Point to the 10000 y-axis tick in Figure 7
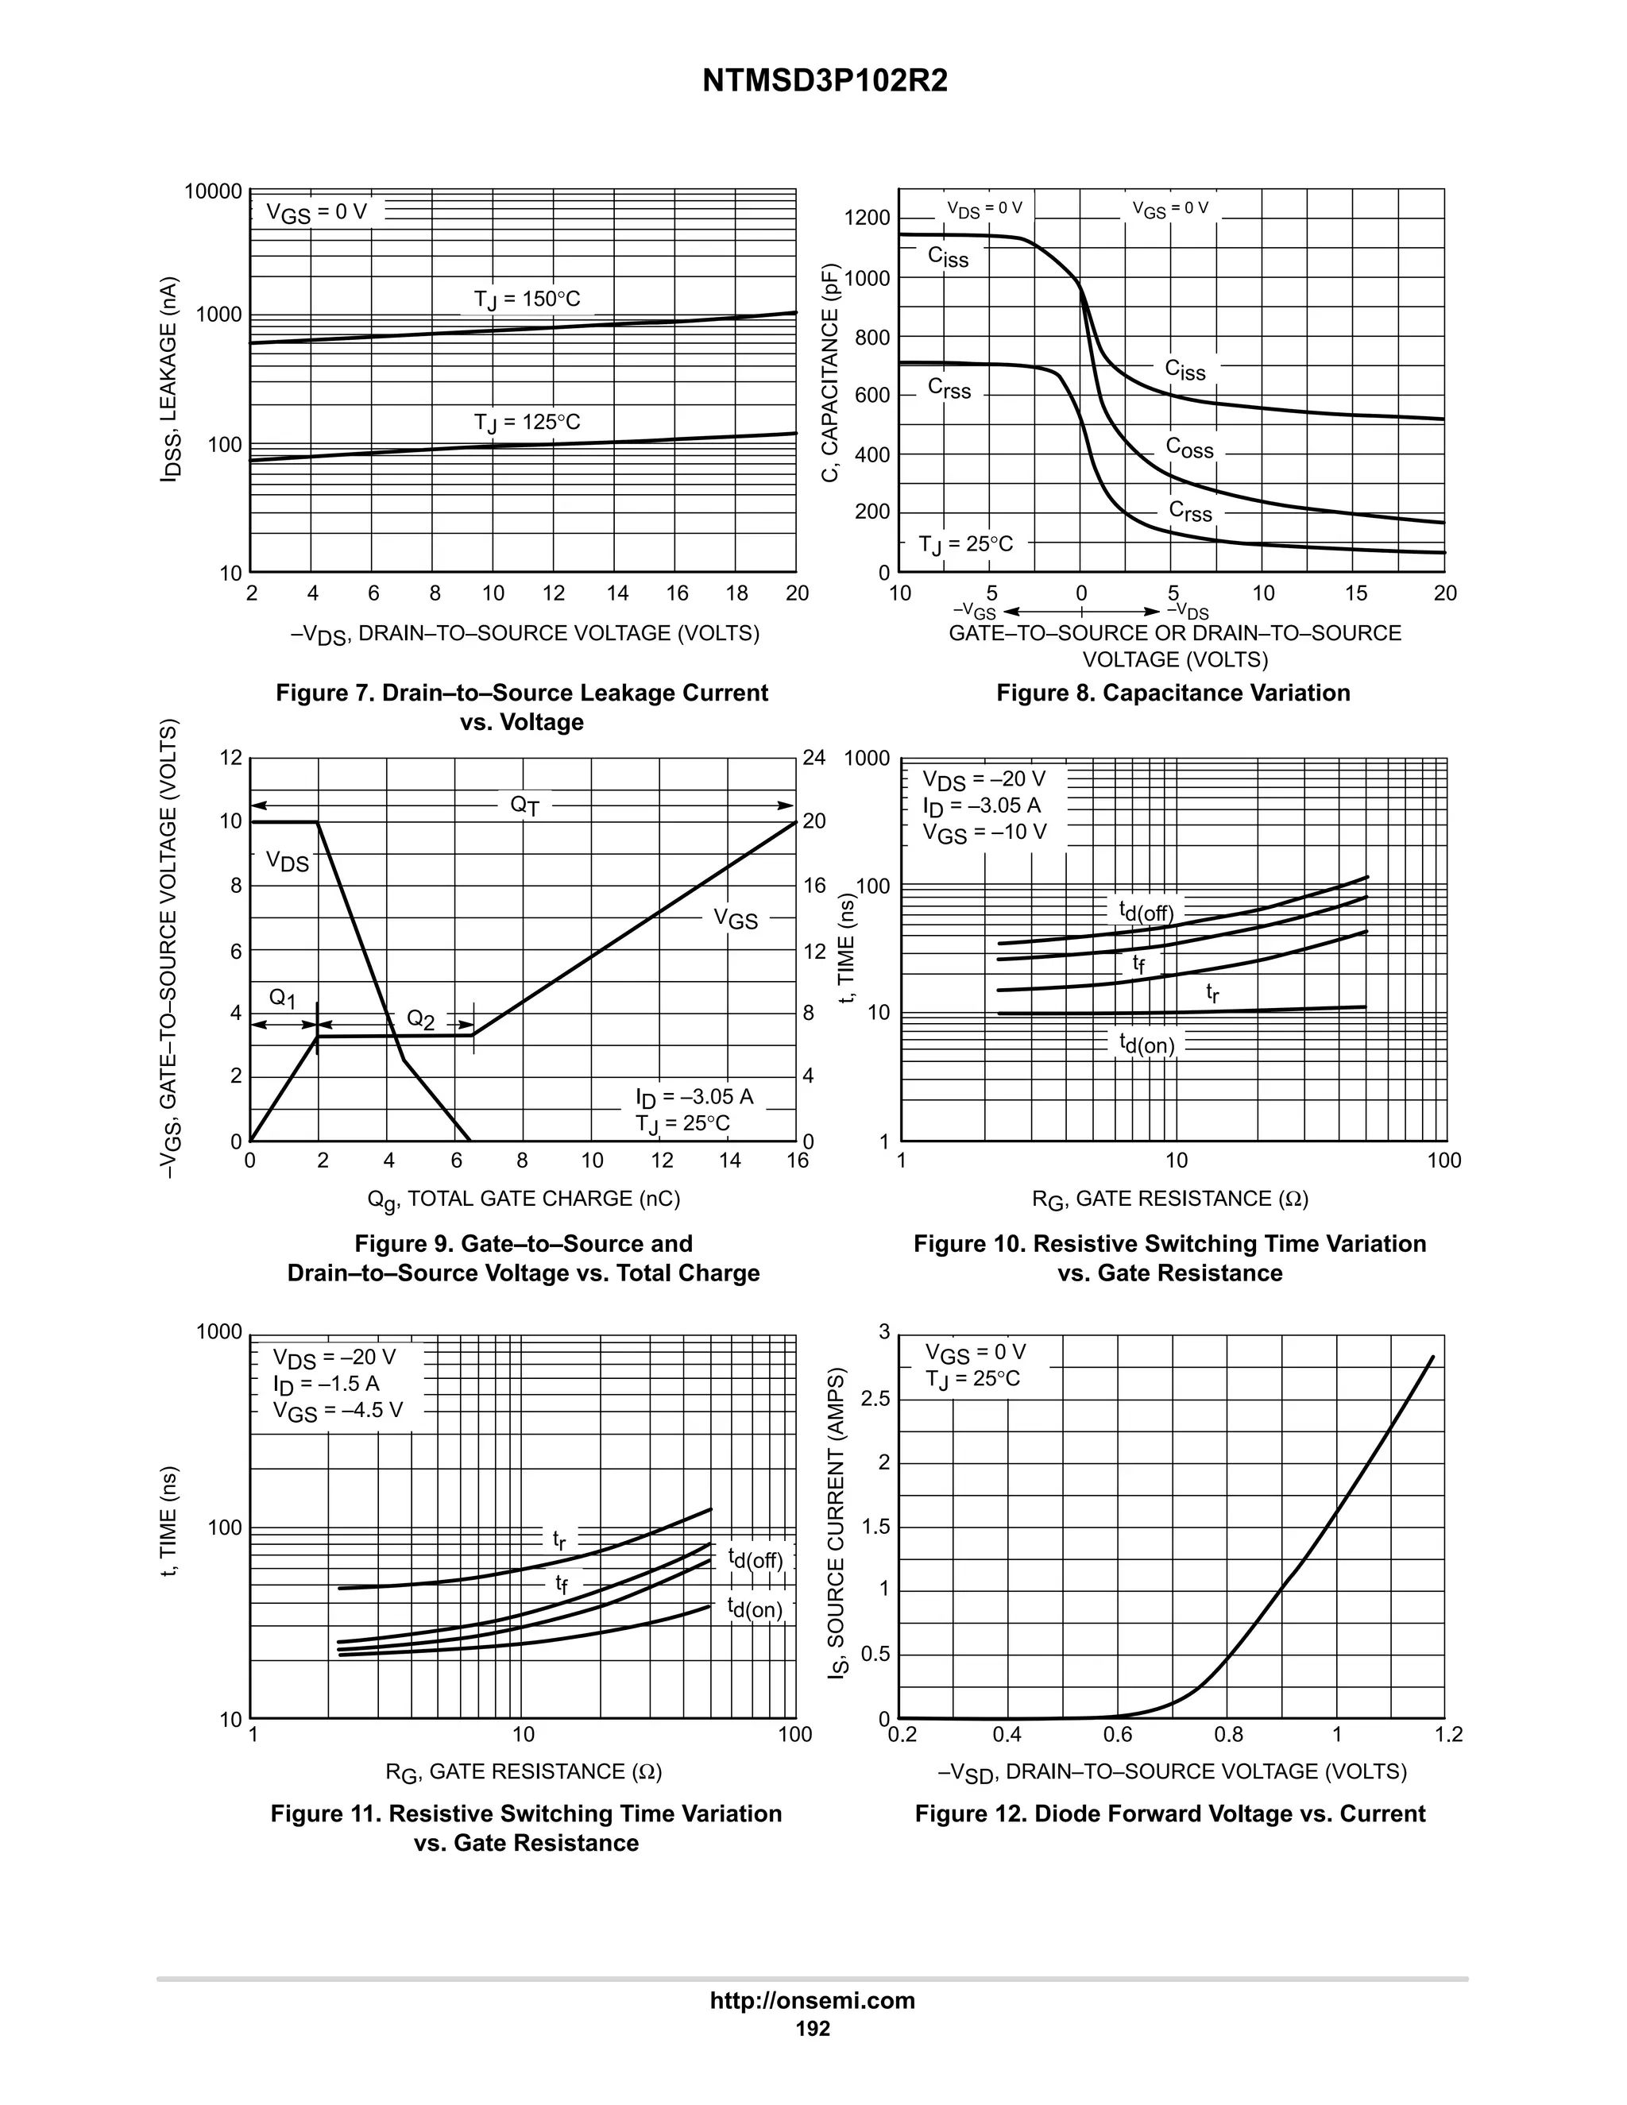pos(213,191)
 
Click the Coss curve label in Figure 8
pos(1189,448)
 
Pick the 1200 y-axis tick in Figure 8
pos(867,218)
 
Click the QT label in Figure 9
pos(524,805)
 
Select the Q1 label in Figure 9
pos(282,998)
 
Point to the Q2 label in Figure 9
pos(420,1019)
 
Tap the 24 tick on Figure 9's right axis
pos(814,758)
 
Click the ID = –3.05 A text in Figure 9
pos(694,1097)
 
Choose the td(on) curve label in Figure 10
pos(1146,1044)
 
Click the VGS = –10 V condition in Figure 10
pos(984,832)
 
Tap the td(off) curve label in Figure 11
pos(755,1558)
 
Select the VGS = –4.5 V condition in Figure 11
pos(338,1411)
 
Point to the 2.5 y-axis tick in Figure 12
pos(875,1399)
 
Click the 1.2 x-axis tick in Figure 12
pos(1447,1735)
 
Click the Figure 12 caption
pos(1169,1814)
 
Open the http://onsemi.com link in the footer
pos(813,2000)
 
